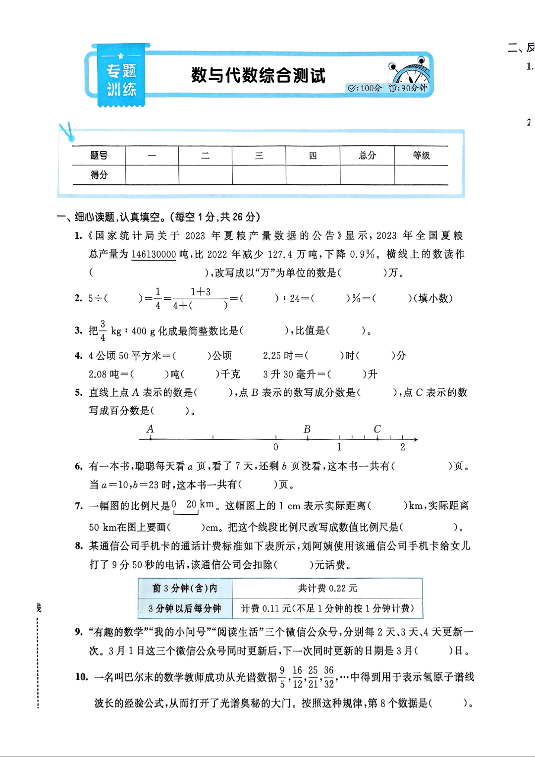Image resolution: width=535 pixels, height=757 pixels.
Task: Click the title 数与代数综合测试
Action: (x=258, y=75)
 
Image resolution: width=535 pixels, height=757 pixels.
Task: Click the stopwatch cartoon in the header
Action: (x=411, y=72)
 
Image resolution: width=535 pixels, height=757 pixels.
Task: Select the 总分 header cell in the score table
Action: (x=367, y=156)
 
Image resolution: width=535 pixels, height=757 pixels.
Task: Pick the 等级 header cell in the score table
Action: (x=421, y=156)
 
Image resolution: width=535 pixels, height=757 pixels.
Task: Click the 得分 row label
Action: (x=99, y=175)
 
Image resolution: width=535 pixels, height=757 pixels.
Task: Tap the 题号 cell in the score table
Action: (x=99, y=156)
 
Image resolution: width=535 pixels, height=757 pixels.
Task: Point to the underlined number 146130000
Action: (x=154, y=255)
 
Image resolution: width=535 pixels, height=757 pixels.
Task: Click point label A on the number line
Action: (x=150, y=429)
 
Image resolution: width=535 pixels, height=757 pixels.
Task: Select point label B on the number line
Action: (x=307, y=429)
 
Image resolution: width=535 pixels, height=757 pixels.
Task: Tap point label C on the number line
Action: (x=377, y=429)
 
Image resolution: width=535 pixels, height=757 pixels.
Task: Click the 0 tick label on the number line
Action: (x=276, y=447)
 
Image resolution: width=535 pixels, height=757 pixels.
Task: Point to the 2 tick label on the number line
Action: (x=403, y=447)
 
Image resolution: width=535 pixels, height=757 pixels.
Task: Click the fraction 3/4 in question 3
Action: (x=103, y=331)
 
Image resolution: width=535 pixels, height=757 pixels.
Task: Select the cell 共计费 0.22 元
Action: (x=327, y=588)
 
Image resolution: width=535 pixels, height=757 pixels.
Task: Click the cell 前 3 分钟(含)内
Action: (x=185, y=588)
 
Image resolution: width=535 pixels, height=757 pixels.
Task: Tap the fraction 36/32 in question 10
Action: (x=329, y=677)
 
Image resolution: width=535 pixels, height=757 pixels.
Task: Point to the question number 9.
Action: (x=79, y=632)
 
